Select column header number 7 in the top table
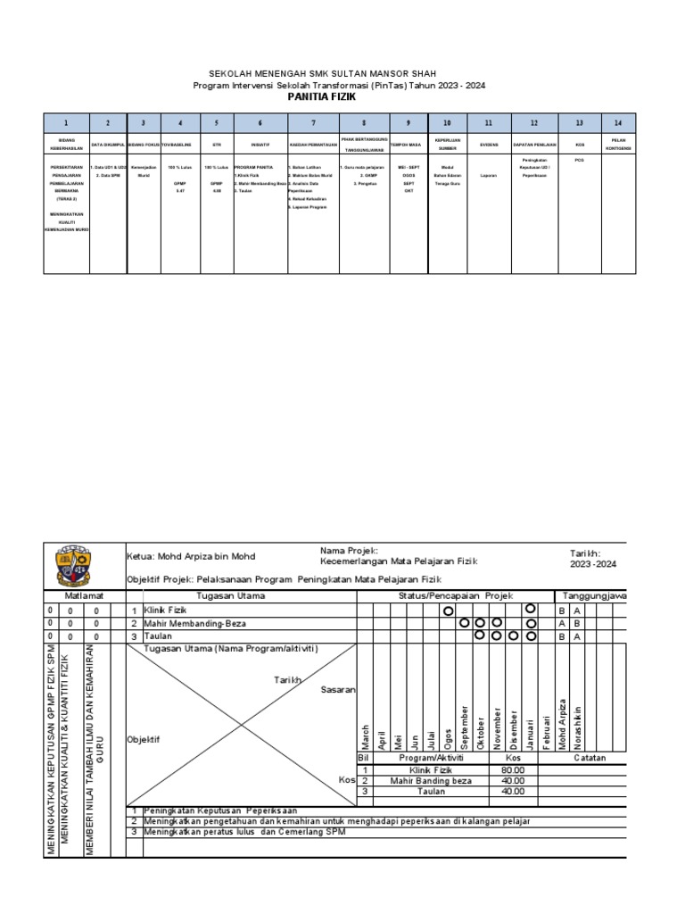pyautogui.click(x=313, y=123)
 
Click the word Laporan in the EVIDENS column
pyautogui.click(x=489, y=176)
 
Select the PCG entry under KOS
pyautogui.click(x=580, y=161)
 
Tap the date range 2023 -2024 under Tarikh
pyautogui.click(x=593, y=564)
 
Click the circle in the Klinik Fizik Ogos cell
pyautogui.click(x=448, y=611)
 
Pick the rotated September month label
pyautogui.click(x=465, y=726)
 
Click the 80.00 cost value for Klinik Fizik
pyautogui.click(x=513, y=769)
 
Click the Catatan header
pyautogui.click(x=590, y=758)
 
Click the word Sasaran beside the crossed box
pyautogui.click(x=338, y=690)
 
